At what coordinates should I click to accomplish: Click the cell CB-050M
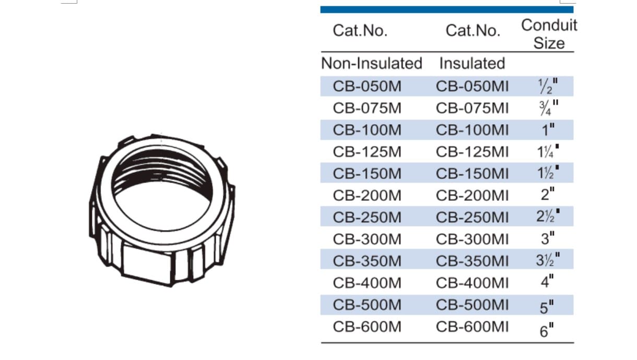[x=367, y=86]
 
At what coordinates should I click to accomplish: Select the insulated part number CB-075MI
[x=472, y=108]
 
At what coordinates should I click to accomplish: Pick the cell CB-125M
[x=367, y=152]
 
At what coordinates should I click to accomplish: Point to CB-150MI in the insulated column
[x=472, y=174]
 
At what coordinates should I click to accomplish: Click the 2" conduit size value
[x=548, y=195]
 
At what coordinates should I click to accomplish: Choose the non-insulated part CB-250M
[x=367, y=218]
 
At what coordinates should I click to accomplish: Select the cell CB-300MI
[x=472, y=239]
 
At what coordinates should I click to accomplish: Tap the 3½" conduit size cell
[x=548, y=259]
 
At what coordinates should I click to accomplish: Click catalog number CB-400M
[x=367, y=283]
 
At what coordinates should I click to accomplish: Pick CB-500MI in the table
[x=472, y=305]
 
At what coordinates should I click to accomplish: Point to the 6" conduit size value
[x=547, y=330]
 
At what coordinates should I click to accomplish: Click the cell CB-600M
[x=367, y=327]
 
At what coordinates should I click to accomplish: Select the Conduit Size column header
[x=549, y=34]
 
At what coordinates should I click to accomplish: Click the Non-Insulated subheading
[x=371, y=63]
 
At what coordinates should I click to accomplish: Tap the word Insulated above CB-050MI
[x=472, y=63]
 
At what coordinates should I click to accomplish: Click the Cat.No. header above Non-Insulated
[x=360, y=30]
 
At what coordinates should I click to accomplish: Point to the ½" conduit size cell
[x=548, y=86]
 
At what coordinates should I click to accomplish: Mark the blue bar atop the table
[x=447, y=10]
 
